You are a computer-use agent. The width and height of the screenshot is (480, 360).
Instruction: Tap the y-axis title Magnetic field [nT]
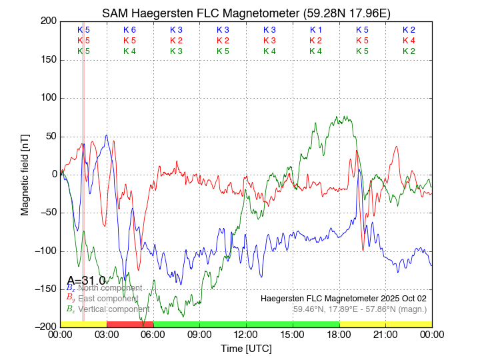click(x=25, y=173)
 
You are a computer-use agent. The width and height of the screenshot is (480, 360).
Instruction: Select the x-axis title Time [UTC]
click(x=246, y=349)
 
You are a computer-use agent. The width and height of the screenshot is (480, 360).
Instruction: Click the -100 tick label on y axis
click(x=45, y=250)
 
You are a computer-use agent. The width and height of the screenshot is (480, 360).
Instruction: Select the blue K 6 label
click(x=129, y=30)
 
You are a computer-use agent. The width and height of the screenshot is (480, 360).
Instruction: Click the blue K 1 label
click(x=315, y=30)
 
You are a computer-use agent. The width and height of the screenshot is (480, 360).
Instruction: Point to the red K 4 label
click(x=409, y=41)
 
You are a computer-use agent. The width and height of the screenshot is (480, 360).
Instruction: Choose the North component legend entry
click(x=109, y=288)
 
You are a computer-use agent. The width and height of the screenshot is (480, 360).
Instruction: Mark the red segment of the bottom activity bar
click(x=130, y=324)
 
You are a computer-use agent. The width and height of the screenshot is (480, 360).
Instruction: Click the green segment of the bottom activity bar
click(x=246, y=324)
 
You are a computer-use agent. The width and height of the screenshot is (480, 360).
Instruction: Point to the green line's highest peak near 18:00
click(x=337, y=117)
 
